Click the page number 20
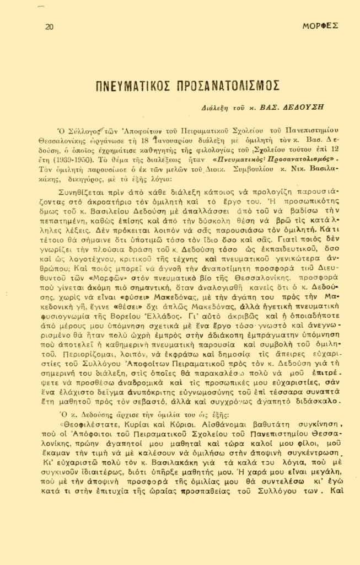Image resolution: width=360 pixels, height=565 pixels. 49,26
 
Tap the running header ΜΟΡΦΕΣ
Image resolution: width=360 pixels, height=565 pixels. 321,26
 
